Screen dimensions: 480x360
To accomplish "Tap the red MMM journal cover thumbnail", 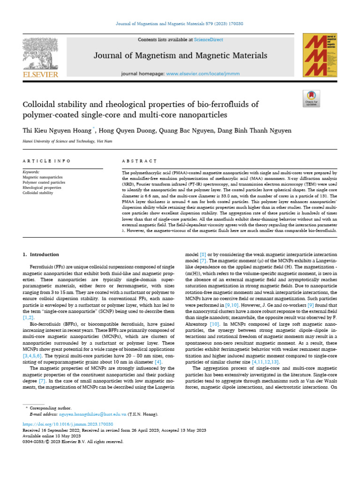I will tap(320, 55).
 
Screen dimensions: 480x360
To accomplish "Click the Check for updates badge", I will tap(311, 99).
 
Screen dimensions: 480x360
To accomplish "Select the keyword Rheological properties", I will tap(42, 187).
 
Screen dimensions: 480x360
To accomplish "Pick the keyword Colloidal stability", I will tap(38, 193).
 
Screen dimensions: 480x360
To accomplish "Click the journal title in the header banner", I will tap(180, 56).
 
